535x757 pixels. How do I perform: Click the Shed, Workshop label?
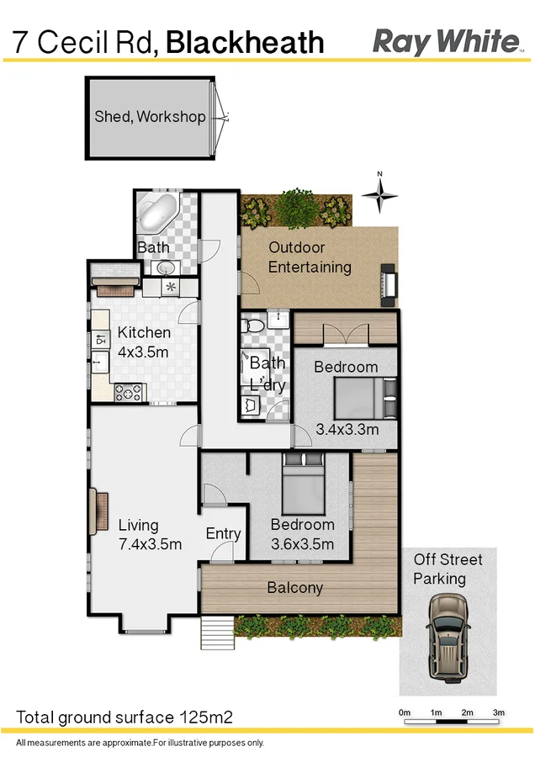(150, 117)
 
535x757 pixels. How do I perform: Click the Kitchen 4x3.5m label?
(144, 342)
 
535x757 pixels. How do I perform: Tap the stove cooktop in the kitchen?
(129, 392)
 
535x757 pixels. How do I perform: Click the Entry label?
(223, 533)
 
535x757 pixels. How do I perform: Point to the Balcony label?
(294, 588)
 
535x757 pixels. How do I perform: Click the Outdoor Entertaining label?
(310, 257)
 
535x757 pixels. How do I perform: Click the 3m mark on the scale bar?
(498, 713)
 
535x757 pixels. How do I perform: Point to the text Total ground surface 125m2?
(124, 717)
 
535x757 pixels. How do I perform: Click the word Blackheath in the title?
(245, 42)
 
